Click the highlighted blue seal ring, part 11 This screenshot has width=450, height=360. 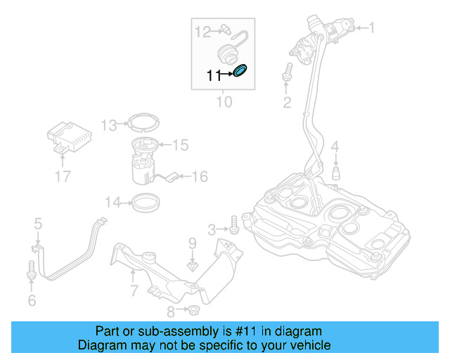[x=240, y=71]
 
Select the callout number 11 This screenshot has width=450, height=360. [x=213, y=75]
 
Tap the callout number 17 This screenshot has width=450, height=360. [x=63, y=176]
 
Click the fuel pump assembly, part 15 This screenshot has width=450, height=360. [x=146, y=156]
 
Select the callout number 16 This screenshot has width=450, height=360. [x=200, y=176]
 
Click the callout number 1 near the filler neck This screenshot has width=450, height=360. [x=372, y=28]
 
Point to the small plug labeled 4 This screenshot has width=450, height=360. [x=336, y=173]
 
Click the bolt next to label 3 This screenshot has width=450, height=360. [x=234, y=229]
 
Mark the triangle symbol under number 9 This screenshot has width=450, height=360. [x=192, y=266]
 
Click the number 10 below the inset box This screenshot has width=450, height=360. [x=223, y=102]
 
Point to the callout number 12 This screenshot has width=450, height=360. [x=202, y=31]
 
